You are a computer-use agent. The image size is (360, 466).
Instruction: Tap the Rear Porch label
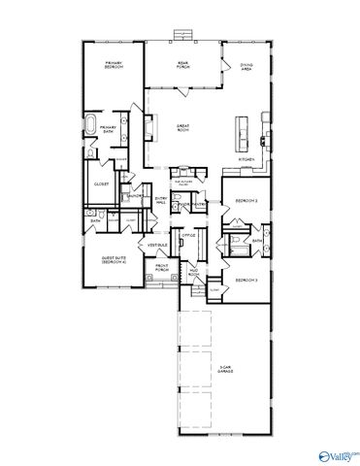[x=181, y=66]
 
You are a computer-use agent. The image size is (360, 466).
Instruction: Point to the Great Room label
[x=181, y=127]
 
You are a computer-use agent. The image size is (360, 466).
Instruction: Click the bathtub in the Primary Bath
[x=92, y=126]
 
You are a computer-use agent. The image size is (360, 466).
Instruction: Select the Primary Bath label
[x=123, y=128]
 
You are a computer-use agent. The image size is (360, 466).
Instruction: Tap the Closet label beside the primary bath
[x=101, y=183]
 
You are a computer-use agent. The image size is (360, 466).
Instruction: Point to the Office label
[x=190, y=234]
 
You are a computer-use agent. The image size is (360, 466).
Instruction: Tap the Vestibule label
[x=157, y=246]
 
